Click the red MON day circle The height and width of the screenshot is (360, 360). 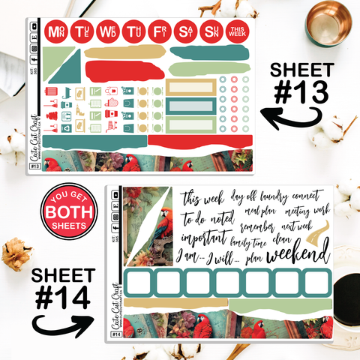coord(55,31)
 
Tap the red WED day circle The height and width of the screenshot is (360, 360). coord(108,31)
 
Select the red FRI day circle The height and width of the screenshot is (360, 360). coord(160,31)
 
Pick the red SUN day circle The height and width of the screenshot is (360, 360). coord(212,31)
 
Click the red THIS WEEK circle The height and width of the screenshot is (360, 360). coord(238,31)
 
